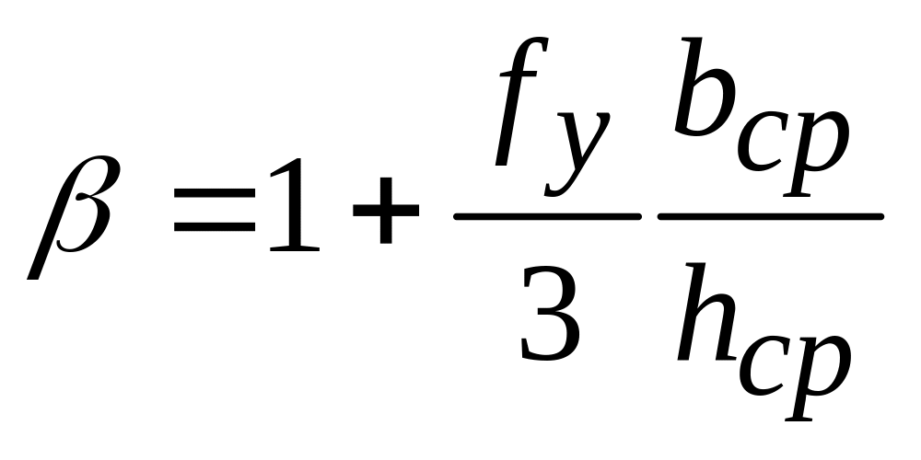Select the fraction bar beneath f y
[x=547, y=216]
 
